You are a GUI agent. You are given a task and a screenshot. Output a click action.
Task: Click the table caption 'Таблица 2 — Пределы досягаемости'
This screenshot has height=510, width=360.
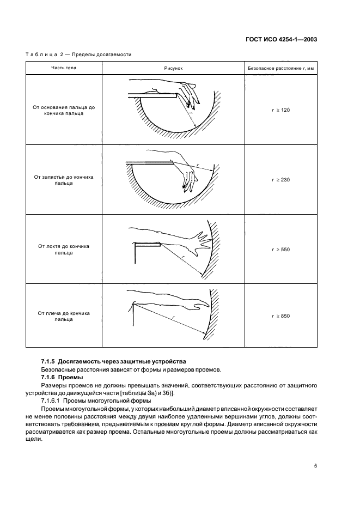point(78,54)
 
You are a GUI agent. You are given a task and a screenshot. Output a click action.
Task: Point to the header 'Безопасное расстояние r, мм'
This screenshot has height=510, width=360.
point(282,68)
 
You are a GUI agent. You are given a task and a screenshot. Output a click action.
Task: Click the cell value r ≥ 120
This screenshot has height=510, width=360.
point(282,110)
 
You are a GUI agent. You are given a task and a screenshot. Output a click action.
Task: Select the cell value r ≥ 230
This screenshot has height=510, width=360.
point(282,179)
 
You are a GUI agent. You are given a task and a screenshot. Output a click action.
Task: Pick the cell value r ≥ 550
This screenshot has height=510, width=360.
point(282,249)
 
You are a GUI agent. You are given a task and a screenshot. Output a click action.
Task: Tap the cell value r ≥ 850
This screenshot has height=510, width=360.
point(282,316)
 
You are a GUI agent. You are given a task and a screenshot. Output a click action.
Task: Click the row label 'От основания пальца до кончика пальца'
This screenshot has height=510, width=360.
point(64,110)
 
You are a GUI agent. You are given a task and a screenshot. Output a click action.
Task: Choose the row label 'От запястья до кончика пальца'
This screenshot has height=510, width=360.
point(64,180)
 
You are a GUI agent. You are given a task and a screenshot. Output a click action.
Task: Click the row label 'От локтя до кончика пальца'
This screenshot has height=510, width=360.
point(64,249)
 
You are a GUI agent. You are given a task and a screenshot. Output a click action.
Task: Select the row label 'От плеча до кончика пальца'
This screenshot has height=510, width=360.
point(64,316)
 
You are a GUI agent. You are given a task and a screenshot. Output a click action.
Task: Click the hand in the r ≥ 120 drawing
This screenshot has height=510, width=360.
point(188,93)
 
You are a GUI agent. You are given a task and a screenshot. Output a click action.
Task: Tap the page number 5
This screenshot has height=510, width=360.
point(315,466)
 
